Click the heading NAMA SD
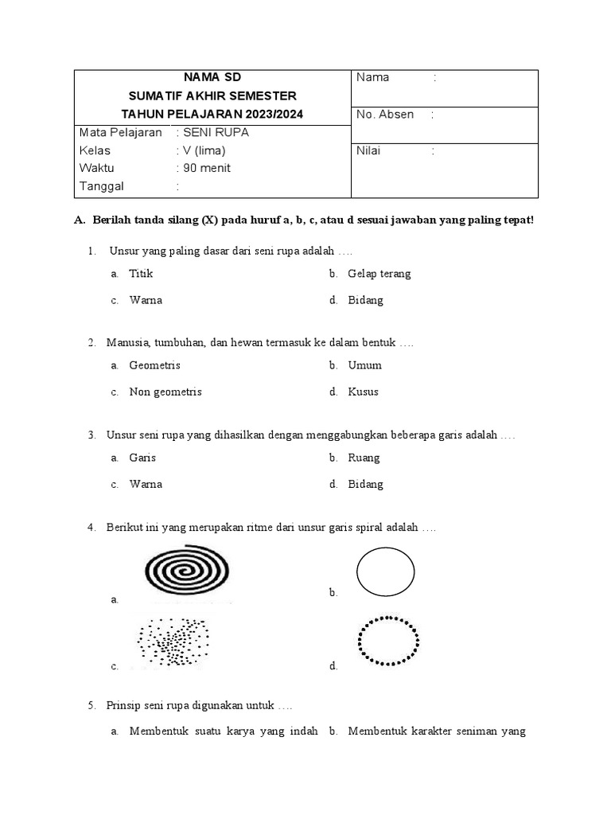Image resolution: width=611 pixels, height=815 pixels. [212, 77]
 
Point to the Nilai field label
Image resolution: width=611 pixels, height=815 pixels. [370, 150]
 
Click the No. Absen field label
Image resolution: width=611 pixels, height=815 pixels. [385, 115]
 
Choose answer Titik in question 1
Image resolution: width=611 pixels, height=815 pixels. [141, 274]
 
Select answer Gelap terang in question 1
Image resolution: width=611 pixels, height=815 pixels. [379, 274]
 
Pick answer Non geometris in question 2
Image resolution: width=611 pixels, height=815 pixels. [165, 392]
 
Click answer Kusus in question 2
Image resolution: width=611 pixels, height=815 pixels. [363, 392]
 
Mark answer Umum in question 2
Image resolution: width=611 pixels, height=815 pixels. [364, 365]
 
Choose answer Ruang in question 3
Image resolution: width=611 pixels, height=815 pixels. [364, 458]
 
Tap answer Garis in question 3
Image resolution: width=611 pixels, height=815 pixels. [142, 458]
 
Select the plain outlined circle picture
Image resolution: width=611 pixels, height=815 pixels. [386, 571]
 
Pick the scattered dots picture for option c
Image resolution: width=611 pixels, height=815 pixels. [173, 641]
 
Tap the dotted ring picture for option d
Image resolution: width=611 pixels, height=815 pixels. [389, 640]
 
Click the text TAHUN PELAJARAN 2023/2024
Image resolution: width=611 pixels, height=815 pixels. [212, 115]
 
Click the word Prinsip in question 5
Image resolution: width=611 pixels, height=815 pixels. [123, 705]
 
